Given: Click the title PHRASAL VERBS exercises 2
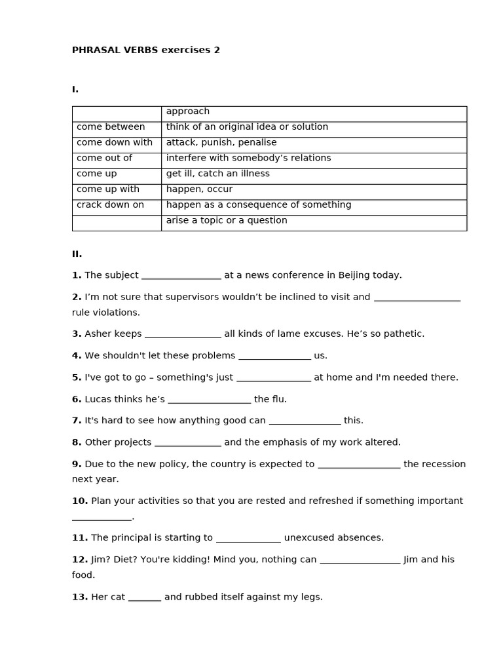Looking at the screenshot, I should click(146, 50).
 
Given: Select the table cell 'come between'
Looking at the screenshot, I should click(111, 127).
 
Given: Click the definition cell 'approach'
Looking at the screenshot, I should click(188, 111).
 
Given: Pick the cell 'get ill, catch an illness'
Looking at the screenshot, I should click(217, 174).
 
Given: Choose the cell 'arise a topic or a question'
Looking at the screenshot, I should click(227, 221).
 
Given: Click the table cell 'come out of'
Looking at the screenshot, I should click(104, 158).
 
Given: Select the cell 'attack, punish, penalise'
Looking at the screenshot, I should click(221, 143).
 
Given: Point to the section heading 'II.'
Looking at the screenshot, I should click(77, 254).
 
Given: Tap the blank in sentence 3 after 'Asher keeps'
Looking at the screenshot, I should click(183, 335).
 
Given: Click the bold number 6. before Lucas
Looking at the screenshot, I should click(77, 399).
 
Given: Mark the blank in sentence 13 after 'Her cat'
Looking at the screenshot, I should click(145, 598).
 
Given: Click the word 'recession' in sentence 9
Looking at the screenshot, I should click(434, 464).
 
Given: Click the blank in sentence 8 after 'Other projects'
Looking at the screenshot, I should click(188, 444).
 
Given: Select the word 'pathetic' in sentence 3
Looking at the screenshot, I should click(403, 334).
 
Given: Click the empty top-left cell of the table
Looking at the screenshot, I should click(117, 114).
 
